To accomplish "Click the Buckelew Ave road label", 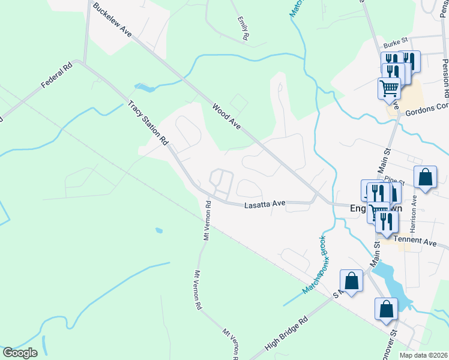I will (112, 20).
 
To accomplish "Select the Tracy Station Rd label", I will (148, 123).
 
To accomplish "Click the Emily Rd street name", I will (243, 28).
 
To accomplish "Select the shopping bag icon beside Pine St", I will (425, 177).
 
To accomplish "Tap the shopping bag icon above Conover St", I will (387, 309).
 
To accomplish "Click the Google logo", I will (20, 353).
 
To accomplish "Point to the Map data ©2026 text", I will (424, 355).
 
